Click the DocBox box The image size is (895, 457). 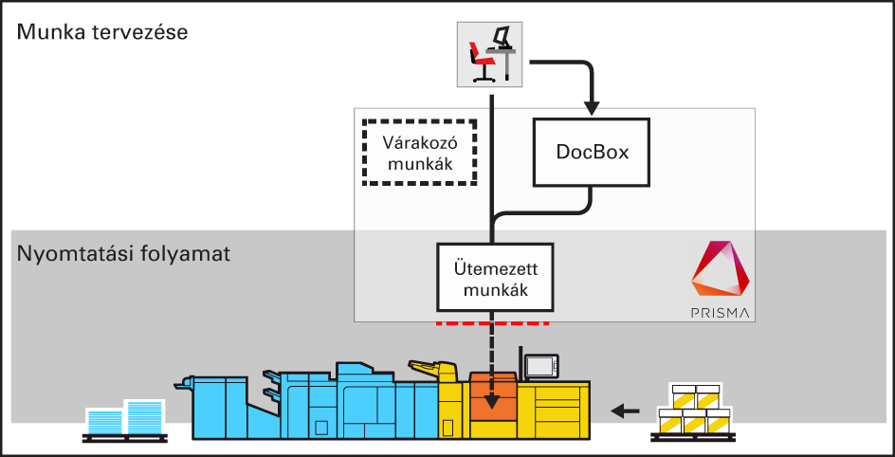[592, 152]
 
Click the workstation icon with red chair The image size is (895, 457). [490, 54]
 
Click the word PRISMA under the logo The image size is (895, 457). [721, 311]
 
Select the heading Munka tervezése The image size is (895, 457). [102, 32]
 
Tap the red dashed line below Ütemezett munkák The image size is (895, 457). [493, 323]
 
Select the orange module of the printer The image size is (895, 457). [493, 398]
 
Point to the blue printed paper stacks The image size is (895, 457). [124, 417]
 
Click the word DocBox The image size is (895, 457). [592, 152]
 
